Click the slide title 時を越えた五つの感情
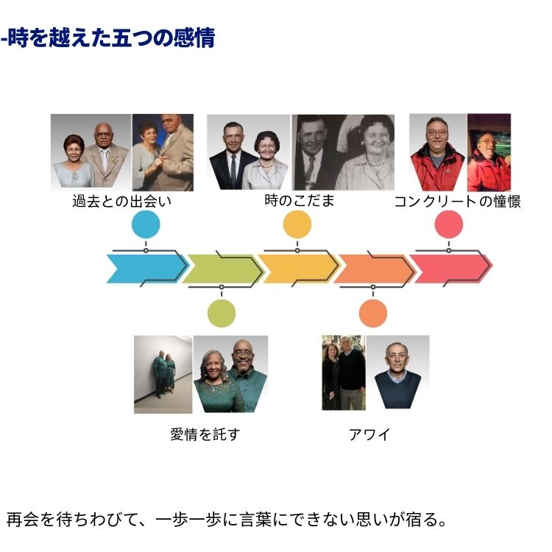click(x=109, y=38)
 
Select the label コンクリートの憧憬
click(x=457, y=201)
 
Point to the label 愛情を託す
click(x=205, y=434)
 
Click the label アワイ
click(x=369, y=434)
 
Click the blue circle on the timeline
click(x=146, y=224)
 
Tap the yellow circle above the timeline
click(x=297, y=224)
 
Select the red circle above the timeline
click(x=448, y=224)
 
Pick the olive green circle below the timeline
click(x=222, y=313)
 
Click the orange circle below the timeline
click(x=373, y=313)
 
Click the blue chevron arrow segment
click(x=144, y=269)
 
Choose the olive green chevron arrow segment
click(x=221, y=269)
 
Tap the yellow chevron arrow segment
click(x=297, y=269)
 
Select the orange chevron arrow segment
click(x=373, y=269)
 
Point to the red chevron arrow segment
click(x=450, y=269)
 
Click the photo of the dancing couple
click(x=163, y=152)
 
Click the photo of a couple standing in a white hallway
click(x=163, y=374)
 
